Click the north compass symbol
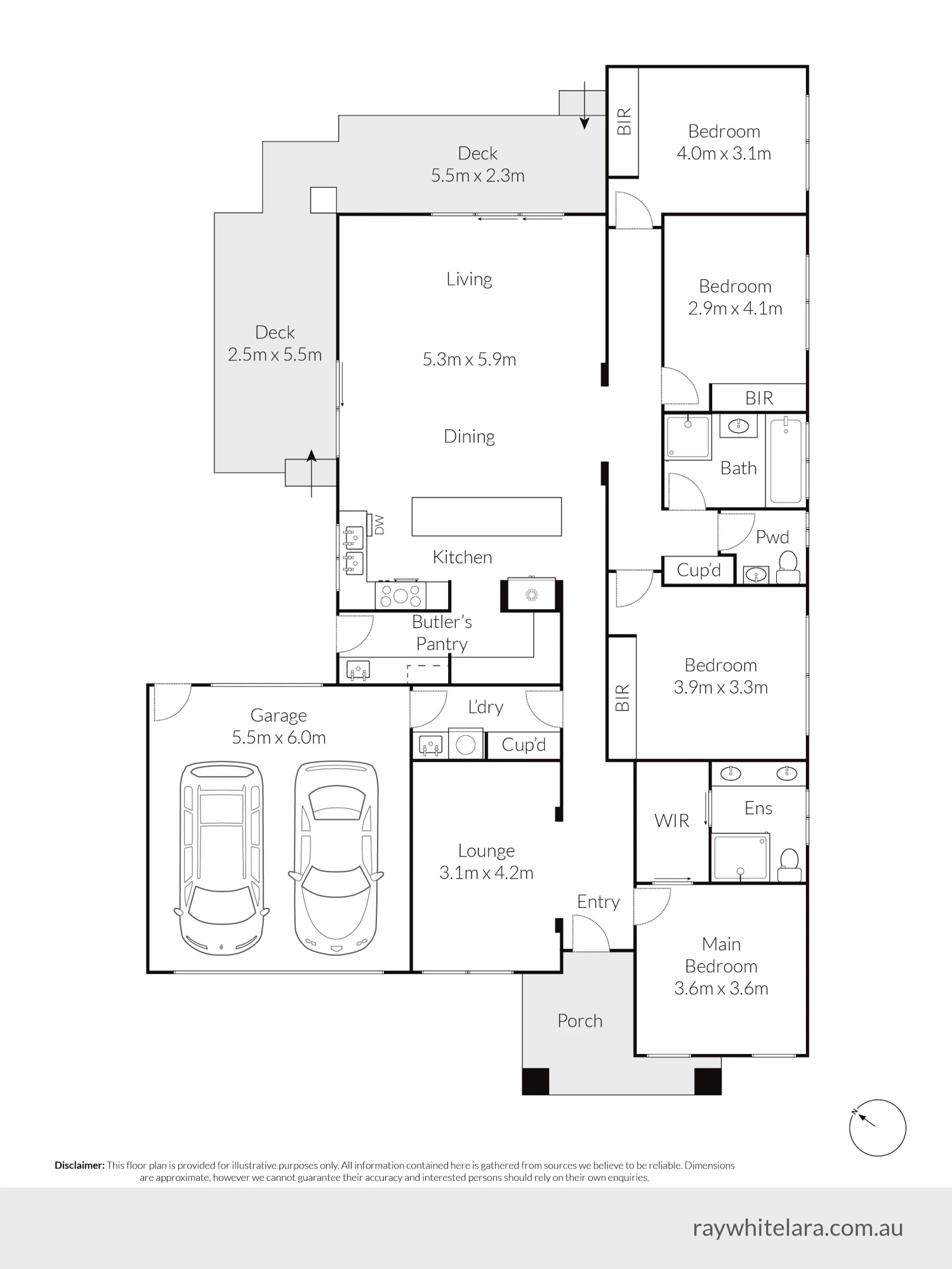[x=877, y=1128]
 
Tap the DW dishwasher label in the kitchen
[x=380, y=525]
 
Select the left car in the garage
[x=221, y=858]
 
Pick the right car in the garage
[x=336, y=858]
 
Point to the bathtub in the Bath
[x=786, y=460]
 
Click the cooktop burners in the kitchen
[x=400, y=596]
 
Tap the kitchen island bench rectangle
[x=487, y=516]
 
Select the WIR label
[x=671, y=820]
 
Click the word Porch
[x=580, y=1021]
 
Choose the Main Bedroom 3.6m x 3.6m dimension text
[x=721, y=989]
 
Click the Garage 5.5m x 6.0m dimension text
[x=279, y=737]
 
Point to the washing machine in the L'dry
[x=466, y=745]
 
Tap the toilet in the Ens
[x=789, y=865]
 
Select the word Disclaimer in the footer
[x=79, y=1165]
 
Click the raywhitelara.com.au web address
[x=798, y=1228]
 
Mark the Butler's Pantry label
[x=442, y=633]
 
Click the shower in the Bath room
[x=688, y=437]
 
